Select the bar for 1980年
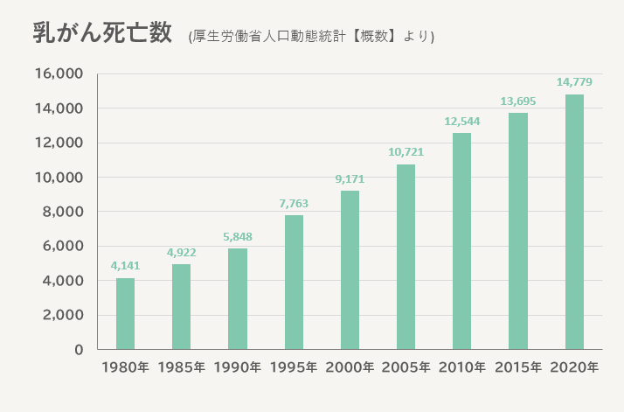(125, 314)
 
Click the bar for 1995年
(294, 283)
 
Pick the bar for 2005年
(406, 257)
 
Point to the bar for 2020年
(574, 222)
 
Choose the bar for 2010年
(461, 241)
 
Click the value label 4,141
(125, 266)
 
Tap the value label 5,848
(238, 236)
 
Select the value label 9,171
(350, 179)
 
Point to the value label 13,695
(518, 101)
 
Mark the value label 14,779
(574, 82)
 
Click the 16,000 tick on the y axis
(59, 74)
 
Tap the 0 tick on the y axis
(79, 350)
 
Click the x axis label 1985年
(182, 367)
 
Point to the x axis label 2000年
(350, 367)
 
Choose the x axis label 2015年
(518, 367)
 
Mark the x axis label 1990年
(238, 367)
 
